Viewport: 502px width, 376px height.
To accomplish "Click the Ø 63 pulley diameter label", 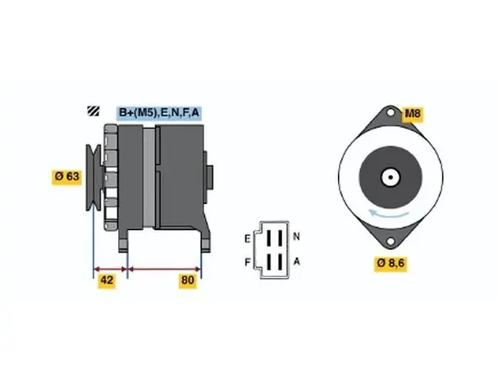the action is point(67,176).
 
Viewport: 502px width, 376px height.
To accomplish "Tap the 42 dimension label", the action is point(107,280).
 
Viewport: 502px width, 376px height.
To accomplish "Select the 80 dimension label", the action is point(188,280).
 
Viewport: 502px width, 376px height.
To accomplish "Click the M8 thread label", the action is point(413,114).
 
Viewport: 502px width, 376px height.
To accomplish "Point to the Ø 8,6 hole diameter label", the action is point(390,263).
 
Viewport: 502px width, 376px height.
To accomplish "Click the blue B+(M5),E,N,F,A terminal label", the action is point(159,113).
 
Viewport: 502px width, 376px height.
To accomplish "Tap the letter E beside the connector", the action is point(248,239).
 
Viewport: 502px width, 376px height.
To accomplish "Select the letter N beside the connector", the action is point(296,237).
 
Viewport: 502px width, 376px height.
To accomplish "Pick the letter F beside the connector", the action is point(248,262).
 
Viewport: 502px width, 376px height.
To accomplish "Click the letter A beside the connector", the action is point(297,261).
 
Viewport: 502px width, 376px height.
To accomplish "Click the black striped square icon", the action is point(94,111).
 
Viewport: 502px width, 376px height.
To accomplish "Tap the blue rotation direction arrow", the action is point(388,213).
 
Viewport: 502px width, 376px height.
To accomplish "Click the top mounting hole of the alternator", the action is point(390,112).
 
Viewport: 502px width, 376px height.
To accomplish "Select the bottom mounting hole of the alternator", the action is point(390,241).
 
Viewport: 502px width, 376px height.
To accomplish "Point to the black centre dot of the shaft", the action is point(390,177).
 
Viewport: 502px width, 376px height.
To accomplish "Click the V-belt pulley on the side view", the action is point(94,178).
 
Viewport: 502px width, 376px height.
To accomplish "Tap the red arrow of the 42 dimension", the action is point(111,269).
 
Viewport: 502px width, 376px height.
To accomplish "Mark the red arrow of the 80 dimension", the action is point(164,269).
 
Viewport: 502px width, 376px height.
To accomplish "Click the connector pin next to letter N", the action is point(281,238).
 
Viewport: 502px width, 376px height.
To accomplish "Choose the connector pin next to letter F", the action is point(269,261).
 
